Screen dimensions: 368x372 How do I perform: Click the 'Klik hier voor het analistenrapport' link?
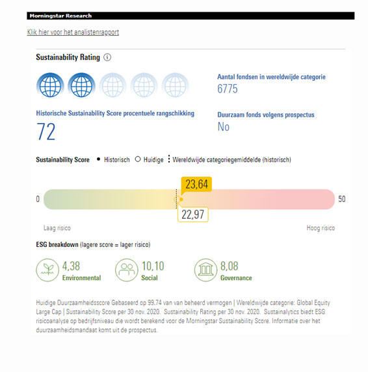tap(73, 32)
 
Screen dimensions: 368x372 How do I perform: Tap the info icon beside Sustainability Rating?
tap(107, 57)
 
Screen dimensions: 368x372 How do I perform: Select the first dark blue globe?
tap(50, 85)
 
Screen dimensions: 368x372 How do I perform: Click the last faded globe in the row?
tap(176, 85)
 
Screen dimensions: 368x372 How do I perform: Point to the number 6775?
tap(228, 89)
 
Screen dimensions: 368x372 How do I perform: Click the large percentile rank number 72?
tap(46, 132)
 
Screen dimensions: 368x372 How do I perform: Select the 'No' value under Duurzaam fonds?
tap(224, 126)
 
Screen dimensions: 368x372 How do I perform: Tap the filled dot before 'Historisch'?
tap(99, 159)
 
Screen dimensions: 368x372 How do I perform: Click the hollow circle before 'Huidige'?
tap(138, 159)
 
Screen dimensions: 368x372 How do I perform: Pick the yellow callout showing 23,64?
tap(196, 184)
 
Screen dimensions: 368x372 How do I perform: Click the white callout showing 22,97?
tap(192, 214)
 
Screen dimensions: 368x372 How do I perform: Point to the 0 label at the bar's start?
tap(38, 199)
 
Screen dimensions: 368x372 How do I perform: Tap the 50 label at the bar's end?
tap(342, 199)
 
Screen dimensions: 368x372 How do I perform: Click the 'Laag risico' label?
tap(57, 228)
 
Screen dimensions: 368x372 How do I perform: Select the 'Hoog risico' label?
tap(321, 228)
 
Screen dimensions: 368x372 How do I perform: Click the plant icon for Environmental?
tap(47, 270)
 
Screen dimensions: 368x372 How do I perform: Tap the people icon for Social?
tap(126, 270)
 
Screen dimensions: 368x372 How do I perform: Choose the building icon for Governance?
tap(205, 270)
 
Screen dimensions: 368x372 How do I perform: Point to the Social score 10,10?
tap(153, 266)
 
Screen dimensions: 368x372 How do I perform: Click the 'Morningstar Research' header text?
tap(60, 16)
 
